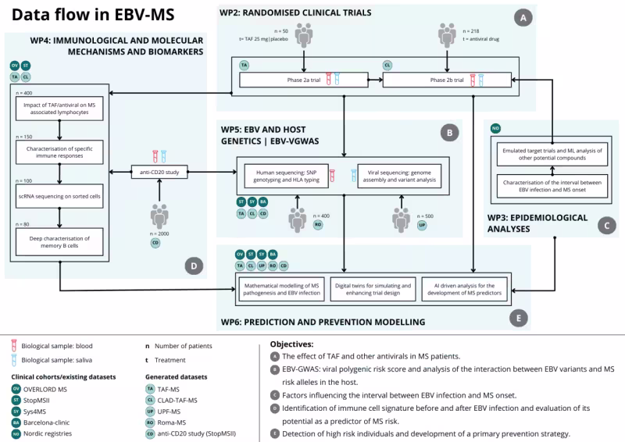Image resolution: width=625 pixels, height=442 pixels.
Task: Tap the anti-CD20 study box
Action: pos(159,170)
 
